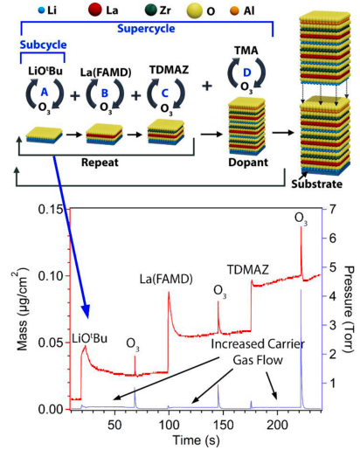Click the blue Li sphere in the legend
[x=42, y=11]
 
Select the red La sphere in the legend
[x=94, y=10]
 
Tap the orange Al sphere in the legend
[x=234, y=11]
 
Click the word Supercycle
[x=146, y=29]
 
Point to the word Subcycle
[x=43, y=45]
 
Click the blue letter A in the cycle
[x=45, y=92]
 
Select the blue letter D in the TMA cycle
[x=246, y=73]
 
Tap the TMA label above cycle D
[x=246, y=51]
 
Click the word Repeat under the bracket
[x=100, y=163]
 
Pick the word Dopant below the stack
[x=248, y=163]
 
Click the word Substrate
[x=317, y=184]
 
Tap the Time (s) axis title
[x=196, y=440]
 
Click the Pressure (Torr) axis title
[x=349, y=308]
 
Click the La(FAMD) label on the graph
[x=166, y=280]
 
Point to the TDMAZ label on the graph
[x=248, y=270]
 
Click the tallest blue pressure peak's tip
[x=301, y=289]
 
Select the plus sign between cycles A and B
[x=75, y=95]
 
